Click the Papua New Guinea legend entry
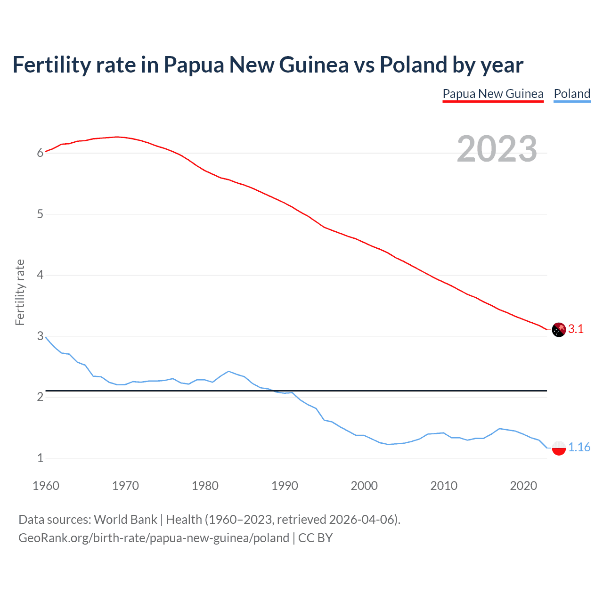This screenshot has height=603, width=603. (493, 94)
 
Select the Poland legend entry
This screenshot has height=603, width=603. (572, 94)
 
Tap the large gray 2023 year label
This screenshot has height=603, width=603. (497, 149)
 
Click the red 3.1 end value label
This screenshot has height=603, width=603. (576, 329)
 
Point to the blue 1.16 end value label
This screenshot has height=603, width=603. (579, 447)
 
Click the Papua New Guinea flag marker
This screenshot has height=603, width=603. (559, 330)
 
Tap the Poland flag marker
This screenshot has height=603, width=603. (559, 448)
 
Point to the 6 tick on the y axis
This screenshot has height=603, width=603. (41, 153)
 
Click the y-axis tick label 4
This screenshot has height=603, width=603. (41, 275)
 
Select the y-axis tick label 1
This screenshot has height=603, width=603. (41, 458)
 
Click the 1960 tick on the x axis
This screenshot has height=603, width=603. (46, 486)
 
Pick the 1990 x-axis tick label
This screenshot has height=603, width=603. (285, 486)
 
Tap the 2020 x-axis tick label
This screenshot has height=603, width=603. (523, 486)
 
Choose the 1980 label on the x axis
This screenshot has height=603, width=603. (205, 486)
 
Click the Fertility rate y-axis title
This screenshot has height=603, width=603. (20, 292)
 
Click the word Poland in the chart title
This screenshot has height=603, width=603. (413, 65)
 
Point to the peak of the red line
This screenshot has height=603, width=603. (117, 137)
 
